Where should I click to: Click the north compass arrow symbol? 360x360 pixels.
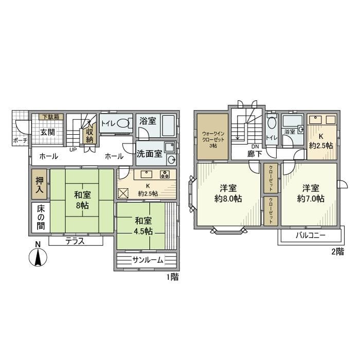coord(38,256)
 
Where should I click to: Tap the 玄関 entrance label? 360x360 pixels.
coord(48,132)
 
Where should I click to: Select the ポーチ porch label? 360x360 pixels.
coord(20,140)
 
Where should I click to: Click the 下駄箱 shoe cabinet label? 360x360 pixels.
coord(50,117)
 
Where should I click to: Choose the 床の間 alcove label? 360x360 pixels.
coord(40,218)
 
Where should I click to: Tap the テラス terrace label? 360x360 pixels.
coord(75,241)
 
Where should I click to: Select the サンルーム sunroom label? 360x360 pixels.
coord(148,260)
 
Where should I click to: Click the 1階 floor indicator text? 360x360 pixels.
coord(172,276)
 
